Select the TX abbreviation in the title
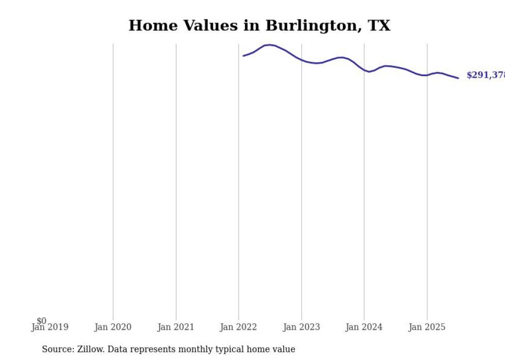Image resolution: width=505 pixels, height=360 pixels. [379, 26]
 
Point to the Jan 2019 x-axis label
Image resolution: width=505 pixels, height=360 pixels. [49, 327]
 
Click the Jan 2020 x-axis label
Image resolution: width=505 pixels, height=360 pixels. [113, 327]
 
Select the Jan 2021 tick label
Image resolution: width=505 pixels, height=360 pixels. [176, 327]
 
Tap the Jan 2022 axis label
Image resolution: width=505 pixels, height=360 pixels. [239, 327]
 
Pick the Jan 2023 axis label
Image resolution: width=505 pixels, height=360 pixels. [301, 327]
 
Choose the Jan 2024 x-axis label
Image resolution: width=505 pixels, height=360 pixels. [364, 327]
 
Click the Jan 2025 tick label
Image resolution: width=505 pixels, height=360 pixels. [427, 327]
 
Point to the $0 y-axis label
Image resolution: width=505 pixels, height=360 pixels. [41, 321]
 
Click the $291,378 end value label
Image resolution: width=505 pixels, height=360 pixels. [485, 75]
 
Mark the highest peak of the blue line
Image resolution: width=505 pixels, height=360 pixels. [270, 45]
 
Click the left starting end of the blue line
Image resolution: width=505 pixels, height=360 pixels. [244, 56]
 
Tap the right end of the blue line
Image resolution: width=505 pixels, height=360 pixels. [458, 78]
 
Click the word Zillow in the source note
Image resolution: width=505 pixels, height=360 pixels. [91, 349]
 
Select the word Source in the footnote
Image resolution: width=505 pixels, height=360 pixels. [57, 349]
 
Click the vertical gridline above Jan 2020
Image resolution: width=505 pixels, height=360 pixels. [113, 180]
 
